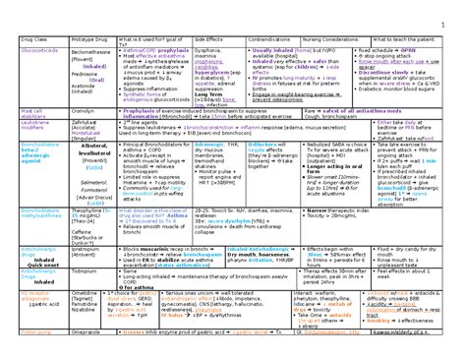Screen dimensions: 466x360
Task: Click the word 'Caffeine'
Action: [x=86, y=218]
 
